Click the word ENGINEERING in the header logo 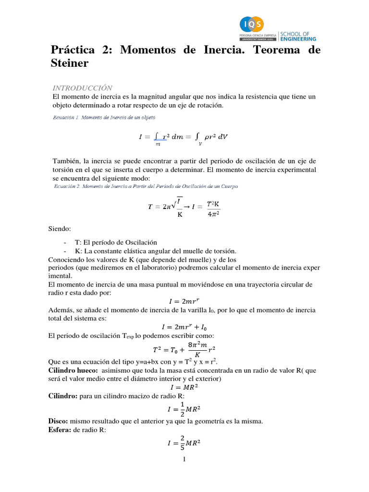point(299,39)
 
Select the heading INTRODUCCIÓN point(82,88)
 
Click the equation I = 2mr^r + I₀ point(184,327)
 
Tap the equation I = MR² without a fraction point(184,387)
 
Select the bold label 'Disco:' point(59,421)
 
